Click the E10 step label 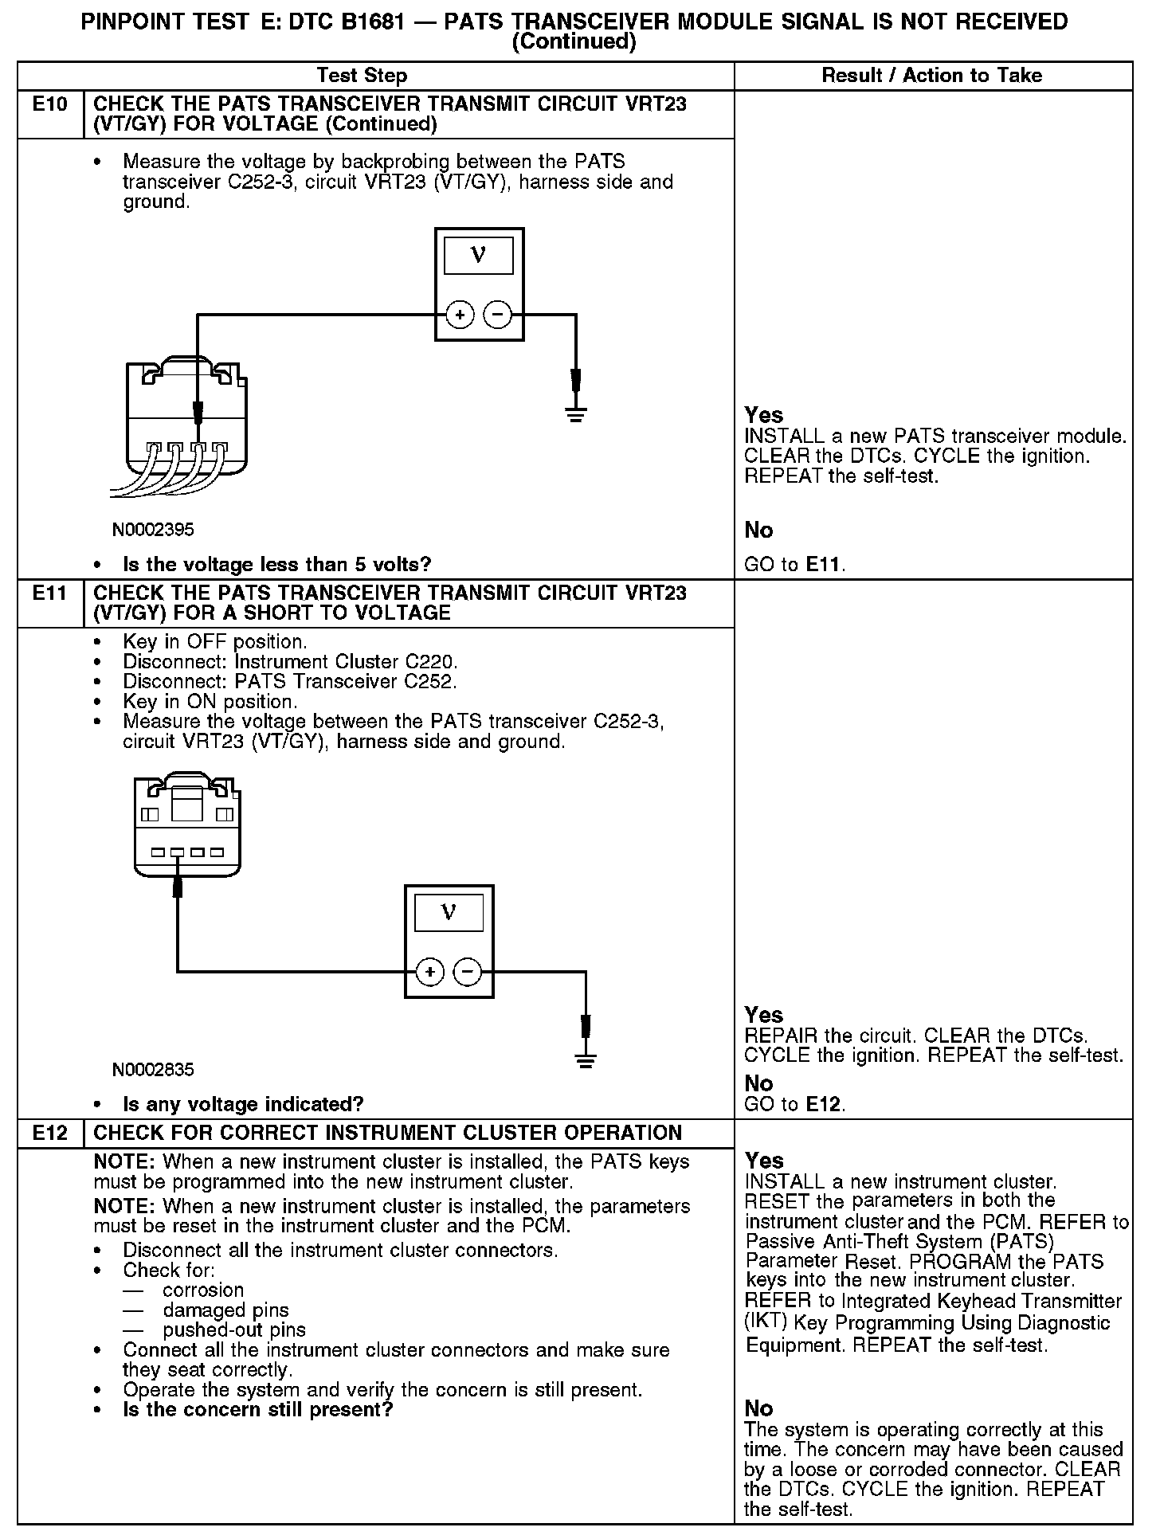pos(49,104)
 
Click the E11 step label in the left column pos(49,593)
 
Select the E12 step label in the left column pos(49,1133)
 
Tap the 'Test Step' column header pos(362,76)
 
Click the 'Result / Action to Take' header pos(931,76)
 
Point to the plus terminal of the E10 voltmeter pos(460,315)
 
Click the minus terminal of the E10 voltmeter pos(498,315)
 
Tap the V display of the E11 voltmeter pos(449,913)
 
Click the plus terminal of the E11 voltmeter pos(429,972)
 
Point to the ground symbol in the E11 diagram pos(586,1059)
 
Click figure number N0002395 pos(153,530)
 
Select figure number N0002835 pos(153,1070)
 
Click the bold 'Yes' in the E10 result pos(764,415)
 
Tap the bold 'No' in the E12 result pos(758,1408)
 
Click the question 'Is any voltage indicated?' pos(243,1105)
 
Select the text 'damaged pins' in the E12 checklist pos(225,1310)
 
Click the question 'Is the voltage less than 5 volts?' pos(276,566)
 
